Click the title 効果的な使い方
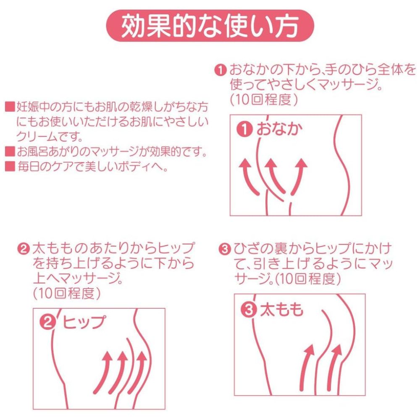pos(210,26)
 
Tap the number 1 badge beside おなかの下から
pos(220,70)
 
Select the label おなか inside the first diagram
pos(279,129)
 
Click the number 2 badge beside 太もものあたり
pos(23,249)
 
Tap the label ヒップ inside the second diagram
pos(84,322)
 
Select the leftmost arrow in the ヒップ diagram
pos(103,372)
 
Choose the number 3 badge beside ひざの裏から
pos(224,249)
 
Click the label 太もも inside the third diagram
pos(281,310)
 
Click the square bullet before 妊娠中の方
pos(10,107)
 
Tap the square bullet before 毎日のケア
pos(10,166)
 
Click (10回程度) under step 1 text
pos(264,100)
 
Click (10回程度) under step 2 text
pos(67,294)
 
